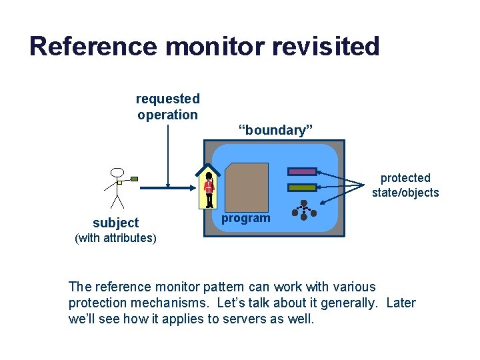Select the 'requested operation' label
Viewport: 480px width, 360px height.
point(167,107)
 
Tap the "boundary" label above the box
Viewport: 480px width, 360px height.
point(276,130)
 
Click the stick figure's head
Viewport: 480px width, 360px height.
point(117,173)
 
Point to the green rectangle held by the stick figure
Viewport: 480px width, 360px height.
point(134,179)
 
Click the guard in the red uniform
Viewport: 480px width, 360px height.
point(209,189)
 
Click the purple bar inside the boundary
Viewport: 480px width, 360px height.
point(302,172)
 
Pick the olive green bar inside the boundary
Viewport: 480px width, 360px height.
point(302,187)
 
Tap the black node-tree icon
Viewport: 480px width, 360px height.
point(303,210)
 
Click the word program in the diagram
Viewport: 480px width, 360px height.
point(246,218)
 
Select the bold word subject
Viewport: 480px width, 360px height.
point(116,223)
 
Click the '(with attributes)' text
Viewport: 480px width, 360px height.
point(116,238)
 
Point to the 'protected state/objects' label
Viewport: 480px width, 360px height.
point(405,185)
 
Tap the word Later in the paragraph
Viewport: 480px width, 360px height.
point(401,303)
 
